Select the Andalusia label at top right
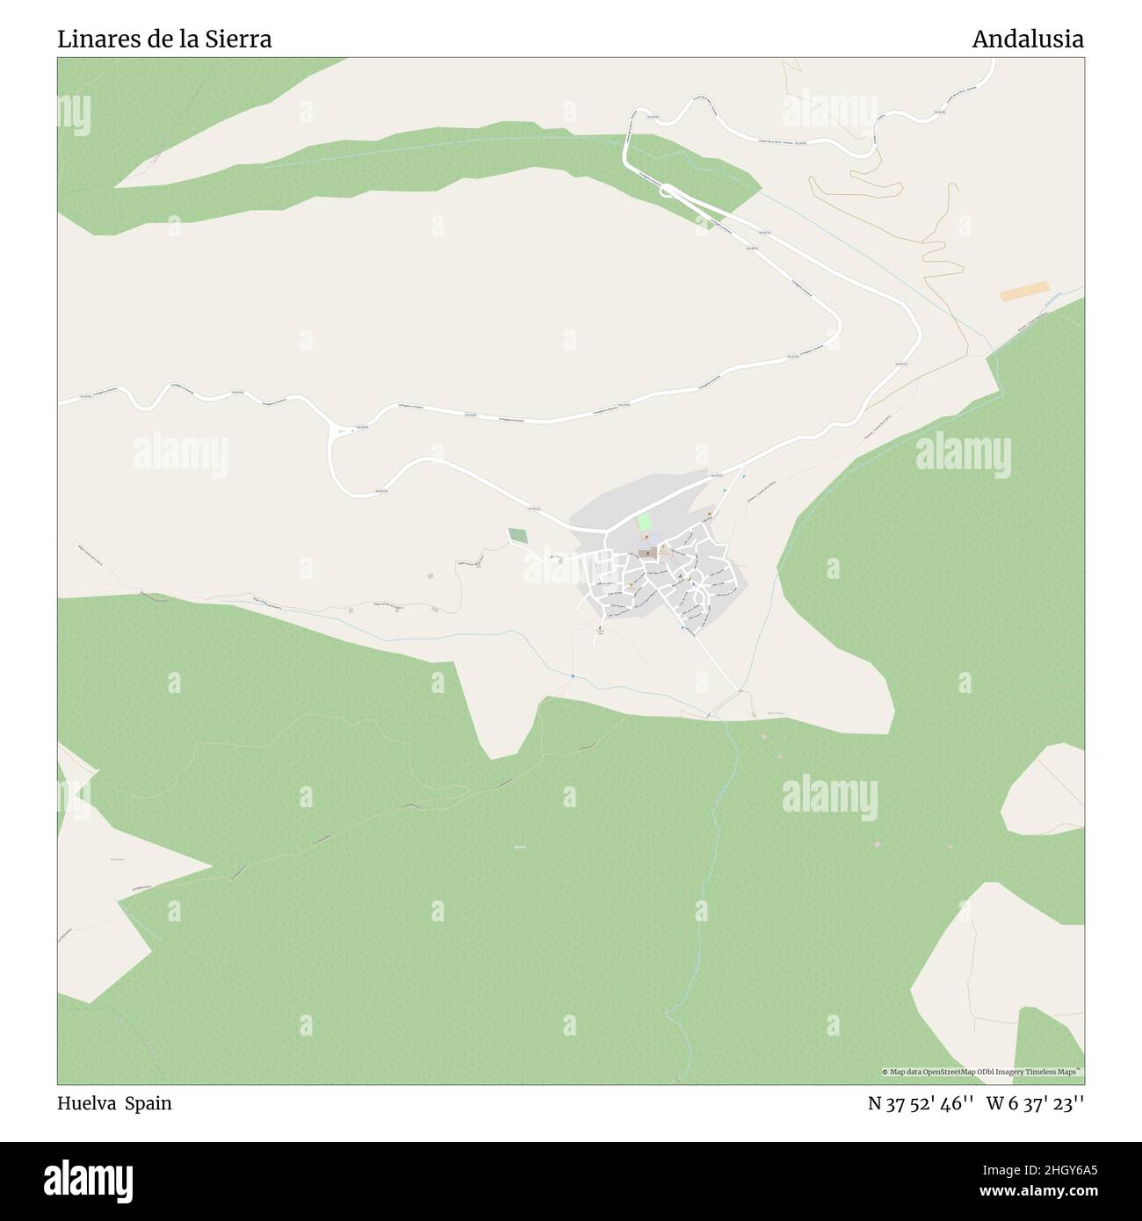[1027, 40]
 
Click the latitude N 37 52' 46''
[919, 1103]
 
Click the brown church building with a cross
[647, 553]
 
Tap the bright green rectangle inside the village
[645, 523]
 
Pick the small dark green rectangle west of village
[517, 535]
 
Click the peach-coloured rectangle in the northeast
[1024, 292]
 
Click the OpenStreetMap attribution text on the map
[983, 1072]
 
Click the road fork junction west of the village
[331, 434]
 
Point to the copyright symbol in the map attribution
[885, 1072]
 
